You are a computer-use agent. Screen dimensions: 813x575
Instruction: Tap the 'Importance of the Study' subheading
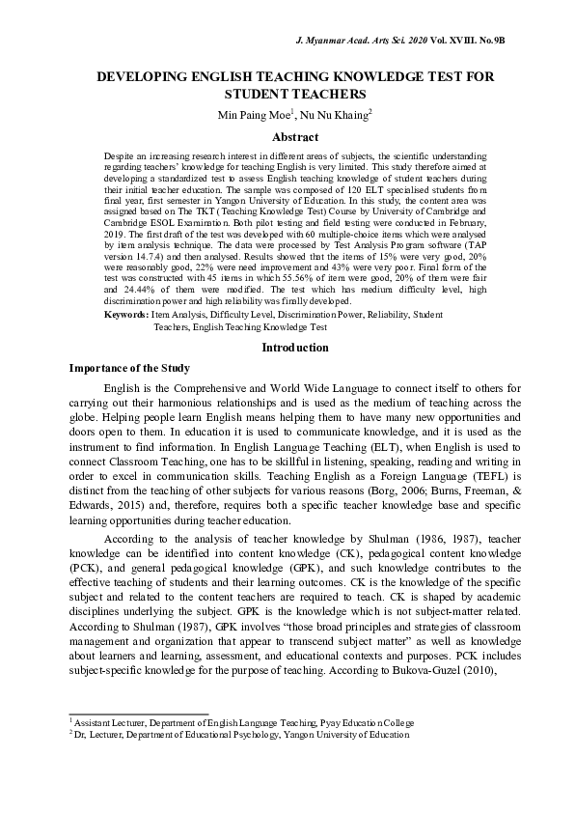click(x=130, y=369)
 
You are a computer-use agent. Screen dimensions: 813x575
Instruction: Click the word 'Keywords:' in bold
click(x=125, y=315)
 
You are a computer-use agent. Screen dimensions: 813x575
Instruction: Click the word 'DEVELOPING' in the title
click(x=152, y=75)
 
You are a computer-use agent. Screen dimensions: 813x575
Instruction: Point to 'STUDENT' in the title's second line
click(x=259, y=95)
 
